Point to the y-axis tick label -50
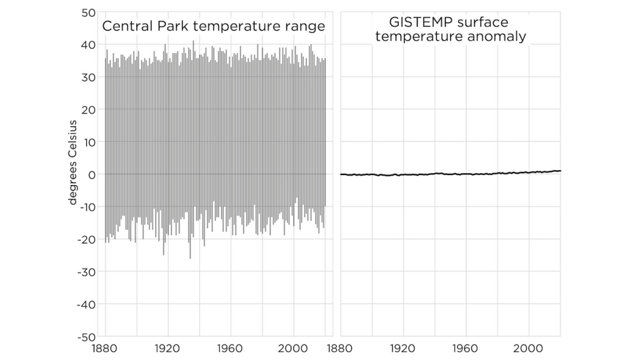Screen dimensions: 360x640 tap(85, 336)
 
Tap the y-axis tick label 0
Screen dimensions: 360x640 tap(91, 174)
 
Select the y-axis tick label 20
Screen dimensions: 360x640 tap(87, 109)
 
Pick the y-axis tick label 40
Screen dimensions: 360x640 tap(87, 45)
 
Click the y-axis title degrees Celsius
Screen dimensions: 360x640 tap(73, 162)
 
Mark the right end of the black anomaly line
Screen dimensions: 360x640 tap(560, 171)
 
